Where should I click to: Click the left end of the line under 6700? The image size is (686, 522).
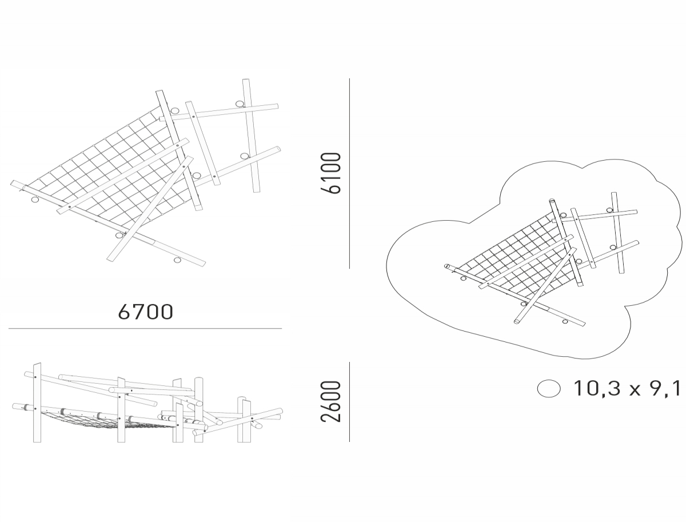(9, 329)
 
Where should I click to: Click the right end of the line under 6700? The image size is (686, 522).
(282, 329)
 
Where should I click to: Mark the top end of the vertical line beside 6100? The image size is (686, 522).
(349, 79)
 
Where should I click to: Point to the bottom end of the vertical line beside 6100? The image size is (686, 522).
(349, 268)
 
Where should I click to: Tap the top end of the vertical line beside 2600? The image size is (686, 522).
(349, 362)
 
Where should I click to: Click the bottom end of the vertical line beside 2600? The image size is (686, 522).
(349, 441)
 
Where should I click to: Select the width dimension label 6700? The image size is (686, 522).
(146, 312)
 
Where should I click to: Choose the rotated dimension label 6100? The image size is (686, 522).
(331, 173)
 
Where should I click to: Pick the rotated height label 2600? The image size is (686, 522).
(331, 401)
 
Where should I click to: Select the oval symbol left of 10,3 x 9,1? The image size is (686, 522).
(549, 389)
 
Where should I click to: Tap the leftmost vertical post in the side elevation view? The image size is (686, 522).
(37, 403)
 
